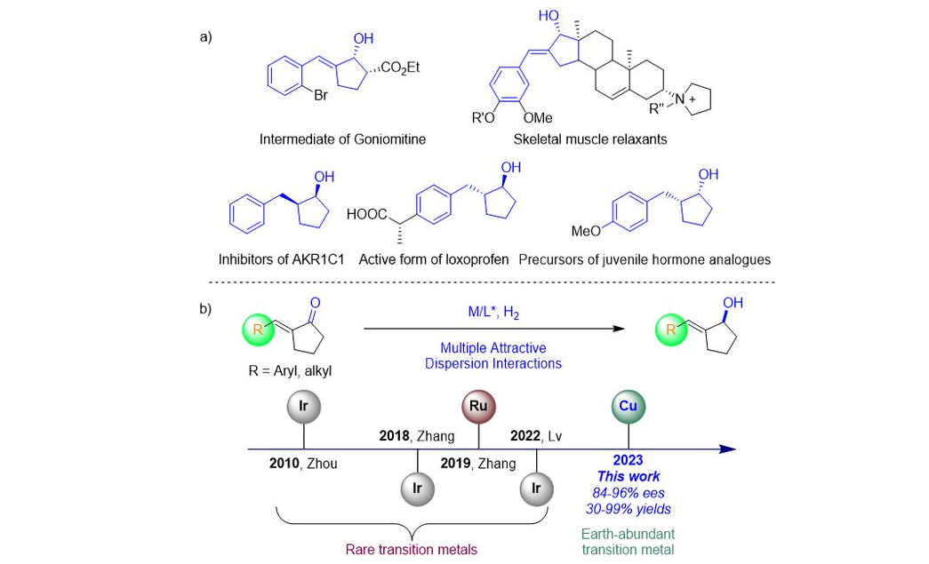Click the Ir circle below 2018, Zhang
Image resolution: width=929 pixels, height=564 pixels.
(x=418, y=489)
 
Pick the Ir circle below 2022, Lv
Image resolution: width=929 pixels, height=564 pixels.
(x=537, y=489)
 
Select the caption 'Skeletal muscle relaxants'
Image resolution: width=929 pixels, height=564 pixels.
(x=590, y=140)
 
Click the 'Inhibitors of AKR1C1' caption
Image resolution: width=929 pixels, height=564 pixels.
(x=281, y=260)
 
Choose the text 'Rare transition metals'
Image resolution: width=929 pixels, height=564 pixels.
(x=412, y=549)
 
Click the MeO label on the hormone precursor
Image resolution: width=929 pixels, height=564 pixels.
(x=586, y=232)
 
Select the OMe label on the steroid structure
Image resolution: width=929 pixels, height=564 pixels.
(x=537, y=117)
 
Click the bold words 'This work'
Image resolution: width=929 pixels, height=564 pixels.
(x=629, y=477)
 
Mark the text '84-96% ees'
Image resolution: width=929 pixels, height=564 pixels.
(x=629, y=492)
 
